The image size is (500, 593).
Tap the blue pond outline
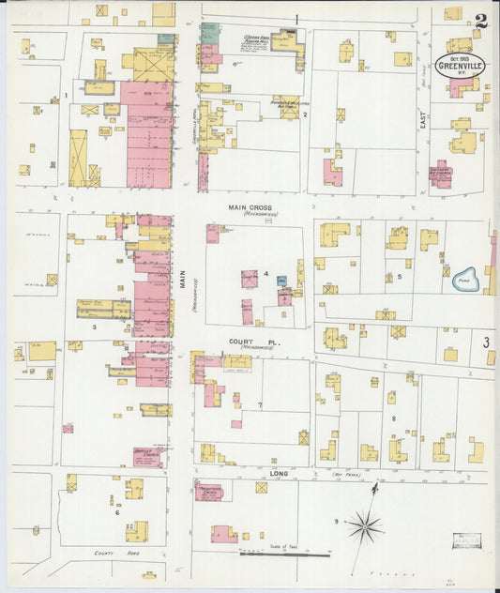point(465,279)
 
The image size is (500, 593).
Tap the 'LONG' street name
point(279,474)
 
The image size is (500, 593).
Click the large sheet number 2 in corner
point(480,20)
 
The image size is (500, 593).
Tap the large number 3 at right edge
point(487,343)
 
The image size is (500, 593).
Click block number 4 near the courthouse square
point(266,274)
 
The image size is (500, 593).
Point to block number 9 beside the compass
point(336,521)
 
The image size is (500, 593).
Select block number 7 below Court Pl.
point(260,404)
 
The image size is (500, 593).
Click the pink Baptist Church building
point(146,457)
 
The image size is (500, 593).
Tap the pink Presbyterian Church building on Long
point(208,492)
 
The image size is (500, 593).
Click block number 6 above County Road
point(117,512)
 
